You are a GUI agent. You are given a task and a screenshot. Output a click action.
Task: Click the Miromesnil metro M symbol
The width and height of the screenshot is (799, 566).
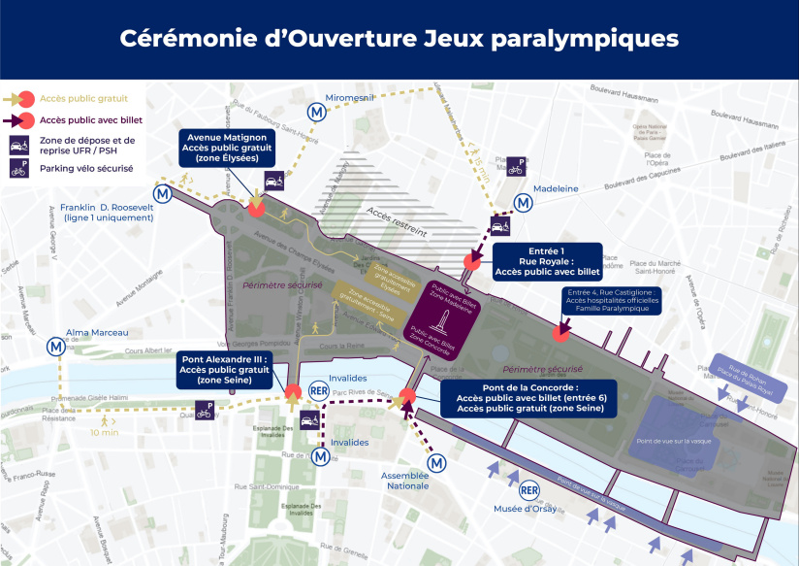tap(316, 113)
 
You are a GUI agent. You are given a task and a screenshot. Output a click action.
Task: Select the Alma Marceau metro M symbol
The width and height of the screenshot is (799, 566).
tap(58, 345)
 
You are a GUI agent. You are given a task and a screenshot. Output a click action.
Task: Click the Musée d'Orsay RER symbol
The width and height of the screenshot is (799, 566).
tap(528, 490)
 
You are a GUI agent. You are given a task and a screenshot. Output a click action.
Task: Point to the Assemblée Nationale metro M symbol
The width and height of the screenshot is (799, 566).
tap(438, 463)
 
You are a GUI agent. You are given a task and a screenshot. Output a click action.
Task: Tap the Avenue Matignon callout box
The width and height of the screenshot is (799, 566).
tap(228, 149)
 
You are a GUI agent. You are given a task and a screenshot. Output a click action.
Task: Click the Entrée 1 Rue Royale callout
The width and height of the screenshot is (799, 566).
tap(547, 261)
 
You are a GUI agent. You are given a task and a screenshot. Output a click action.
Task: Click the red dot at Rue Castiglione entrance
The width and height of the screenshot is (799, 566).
tap(559, 333)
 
